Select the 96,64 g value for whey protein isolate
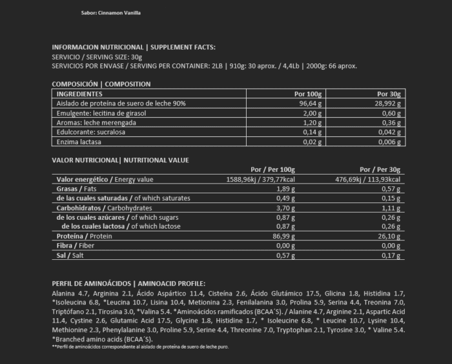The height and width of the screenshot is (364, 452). point(311,103)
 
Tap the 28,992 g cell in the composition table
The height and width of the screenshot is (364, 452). point(386,103)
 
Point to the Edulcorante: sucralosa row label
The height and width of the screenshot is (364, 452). point(85,132)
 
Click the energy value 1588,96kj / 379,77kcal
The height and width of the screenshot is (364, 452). point(261,179)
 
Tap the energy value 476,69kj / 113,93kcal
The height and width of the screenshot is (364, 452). point(368,179)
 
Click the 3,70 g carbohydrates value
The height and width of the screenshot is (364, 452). point(285,208)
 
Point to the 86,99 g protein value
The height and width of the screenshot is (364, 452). point(283,237)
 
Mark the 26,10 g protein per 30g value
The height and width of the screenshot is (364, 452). point(390,237)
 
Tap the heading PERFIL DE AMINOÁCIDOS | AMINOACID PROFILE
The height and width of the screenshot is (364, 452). point(128,283)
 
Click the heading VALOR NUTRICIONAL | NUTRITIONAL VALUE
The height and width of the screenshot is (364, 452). point(120,159)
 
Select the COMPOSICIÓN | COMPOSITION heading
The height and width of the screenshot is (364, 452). point(101,84)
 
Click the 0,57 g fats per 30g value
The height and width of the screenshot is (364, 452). point(392,189)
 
